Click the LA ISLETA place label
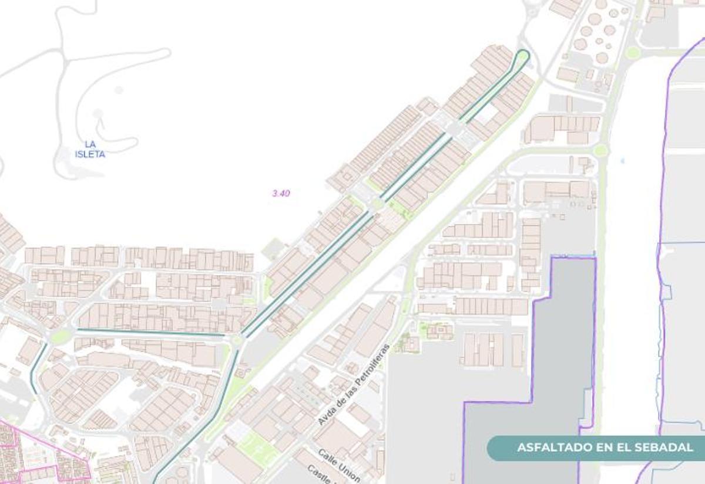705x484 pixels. pyautogui.click(x=90, y=149)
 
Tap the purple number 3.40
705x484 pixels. pyautogui.click(x=281, y=193)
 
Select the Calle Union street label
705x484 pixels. pyautogui.click(x=339, y=464)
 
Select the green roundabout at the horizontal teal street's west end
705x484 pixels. pyautogui.click(x=61, y=336)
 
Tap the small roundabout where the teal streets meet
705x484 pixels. pyautogui.click(x=237, y=340)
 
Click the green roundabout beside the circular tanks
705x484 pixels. pyautogui.click(x=632, y=53)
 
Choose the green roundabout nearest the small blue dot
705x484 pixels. pyautogui.click(x=600, y=151)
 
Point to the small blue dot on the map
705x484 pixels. pyautogui.click(x=622, y=160)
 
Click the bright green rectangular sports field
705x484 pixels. pyautogui.click(x=257, y=449)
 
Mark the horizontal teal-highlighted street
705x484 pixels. pyautogui.click(x=153, y=332)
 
